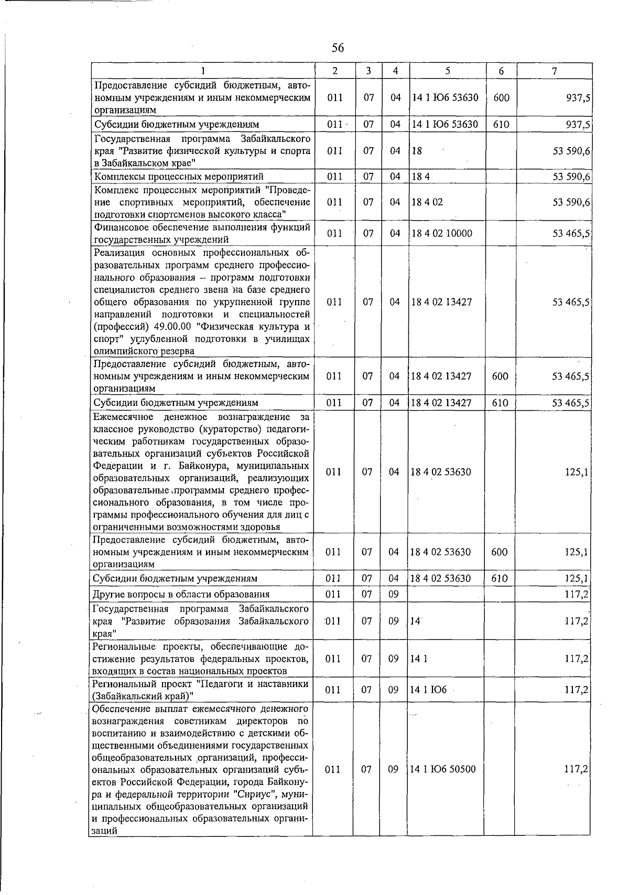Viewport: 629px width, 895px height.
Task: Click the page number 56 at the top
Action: (x=338, y=48)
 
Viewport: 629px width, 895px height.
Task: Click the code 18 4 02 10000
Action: (x=442, y=234)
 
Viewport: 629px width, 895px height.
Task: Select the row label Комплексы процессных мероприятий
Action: (x=178, y=176)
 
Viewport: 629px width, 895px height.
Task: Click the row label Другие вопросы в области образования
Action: (x=181, y=594)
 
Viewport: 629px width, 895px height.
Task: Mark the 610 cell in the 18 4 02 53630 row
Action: (x=500, y=579)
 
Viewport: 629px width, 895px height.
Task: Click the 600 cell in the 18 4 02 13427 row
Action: (x=500, y=376)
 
